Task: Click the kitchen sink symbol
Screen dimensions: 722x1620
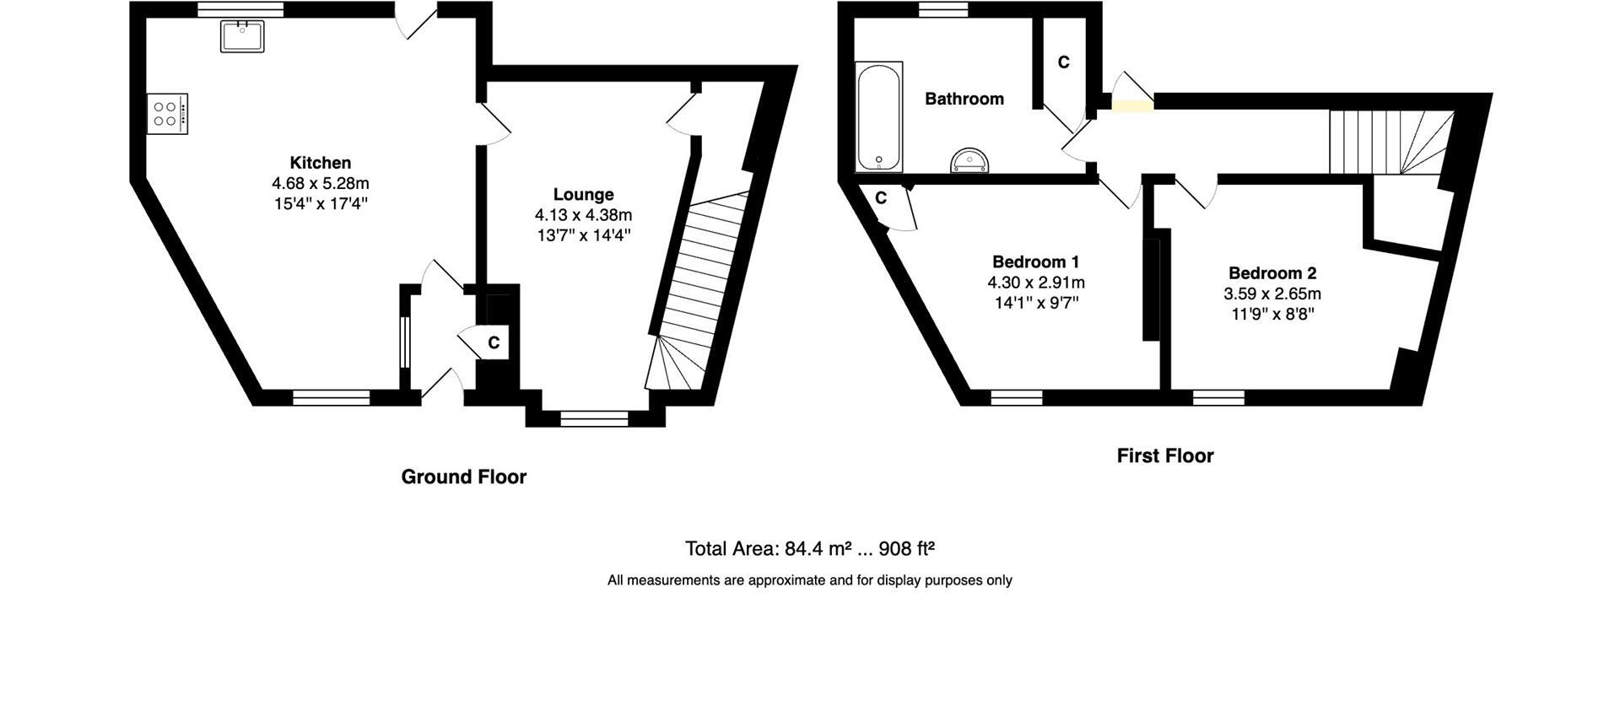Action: click(242, 36)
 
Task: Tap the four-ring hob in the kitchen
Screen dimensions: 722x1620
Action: click(167, 114)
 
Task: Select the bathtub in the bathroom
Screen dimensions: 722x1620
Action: click(879, 116)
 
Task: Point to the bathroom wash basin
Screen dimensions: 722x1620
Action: click(969, 160)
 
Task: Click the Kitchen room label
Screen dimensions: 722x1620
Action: click(320, 163)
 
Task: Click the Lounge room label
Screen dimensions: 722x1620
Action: click(583, 195)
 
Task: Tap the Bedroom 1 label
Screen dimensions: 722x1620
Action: click(1035, 261)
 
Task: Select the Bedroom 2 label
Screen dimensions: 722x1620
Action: click(1272, 273)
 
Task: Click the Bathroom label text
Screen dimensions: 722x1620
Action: click(964, 99)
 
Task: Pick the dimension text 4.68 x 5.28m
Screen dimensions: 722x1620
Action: click(320, 183)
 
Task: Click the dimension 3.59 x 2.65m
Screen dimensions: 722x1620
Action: click(1272, 294)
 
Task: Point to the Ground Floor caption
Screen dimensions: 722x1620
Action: click(463, 477)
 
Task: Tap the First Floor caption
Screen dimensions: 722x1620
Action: click(1164, 456)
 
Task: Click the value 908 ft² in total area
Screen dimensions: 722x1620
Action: click(906, 549)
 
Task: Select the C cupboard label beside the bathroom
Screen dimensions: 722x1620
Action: click(1063, 62)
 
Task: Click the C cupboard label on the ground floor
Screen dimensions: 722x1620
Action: click(494, 343)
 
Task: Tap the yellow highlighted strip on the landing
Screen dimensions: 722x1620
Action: click(1131, 106)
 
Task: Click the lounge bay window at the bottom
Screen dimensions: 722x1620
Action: click(594, 418)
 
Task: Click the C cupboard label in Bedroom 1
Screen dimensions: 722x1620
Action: click(880, 198)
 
